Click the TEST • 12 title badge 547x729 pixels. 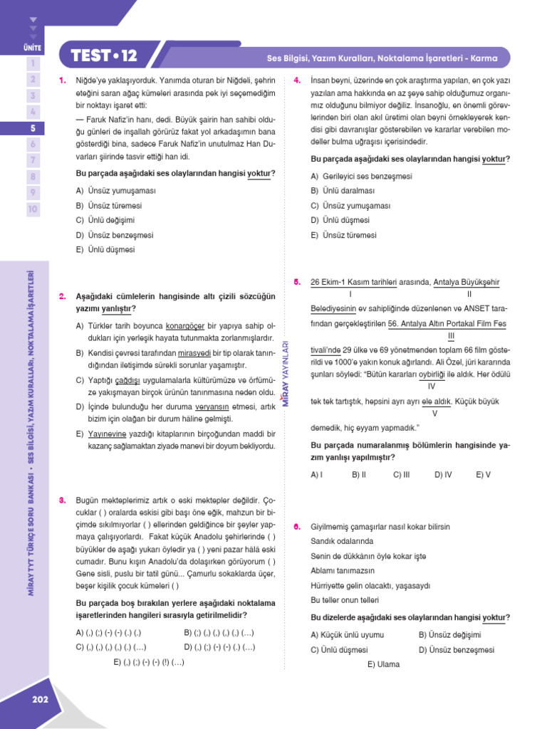pos(104,56)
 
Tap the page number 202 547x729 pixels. pos(40,699)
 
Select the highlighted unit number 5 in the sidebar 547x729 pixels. pos(33,128)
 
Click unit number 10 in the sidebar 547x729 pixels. pos(33,209)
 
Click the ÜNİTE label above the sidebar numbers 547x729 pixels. pos(33,48)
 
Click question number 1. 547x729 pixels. pos(63,80)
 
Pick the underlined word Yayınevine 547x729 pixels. pos(106,434)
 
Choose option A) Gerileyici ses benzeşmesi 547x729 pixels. pos(361,176)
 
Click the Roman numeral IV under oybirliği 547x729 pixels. pos(431,387)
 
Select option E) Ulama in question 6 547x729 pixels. pos(383,664)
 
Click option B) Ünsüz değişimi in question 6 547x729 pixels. pos(449,634)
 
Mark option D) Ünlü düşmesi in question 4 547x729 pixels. pos(340,220)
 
